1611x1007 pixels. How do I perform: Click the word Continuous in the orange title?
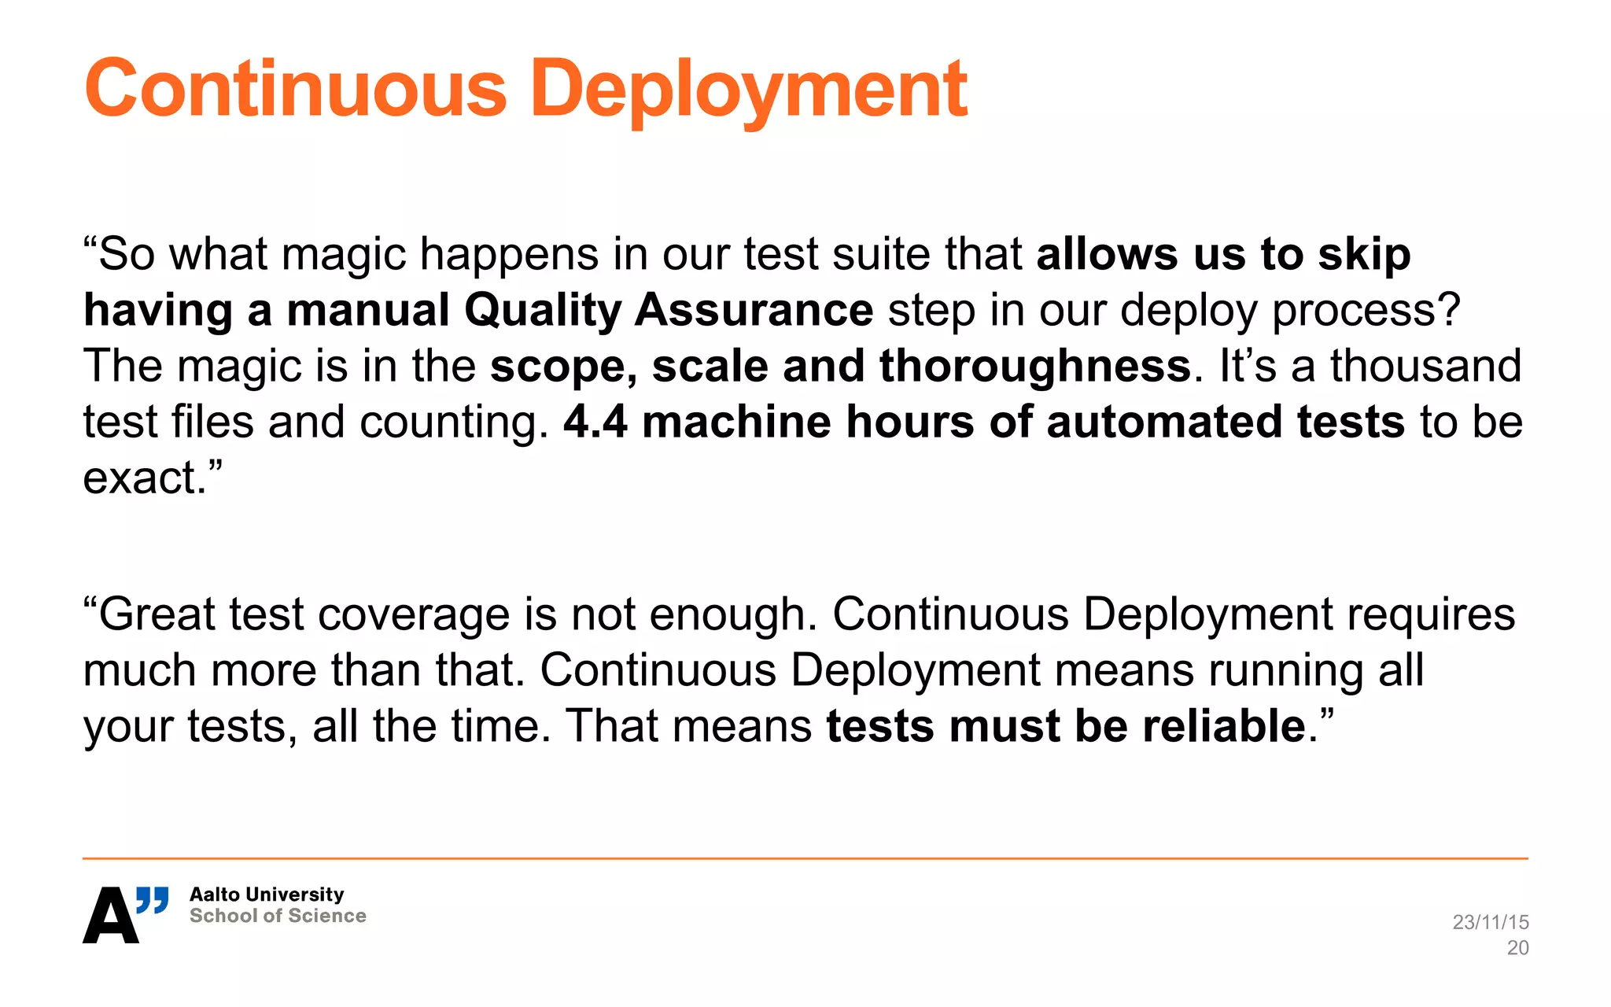point(296,89)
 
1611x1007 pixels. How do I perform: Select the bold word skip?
point(1364,255)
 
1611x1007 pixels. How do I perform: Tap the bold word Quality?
point(543,311)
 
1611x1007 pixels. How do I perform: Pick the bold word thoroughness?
point(1034,367)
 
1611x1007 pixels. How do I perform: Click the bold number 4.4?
point(595,422)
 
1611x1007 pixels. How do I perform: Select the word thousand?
point(1425,366)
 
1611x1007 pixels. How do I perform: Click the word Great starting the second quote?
point(156,614)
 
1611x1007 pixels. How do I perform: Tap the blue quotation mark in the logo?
point(153,900)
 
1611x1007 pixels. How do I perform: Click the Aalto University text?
point(267,894)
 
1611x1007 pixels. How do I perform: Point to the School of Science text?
point(278,916)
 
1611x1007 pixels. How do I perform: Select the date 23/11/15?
point(1490,922)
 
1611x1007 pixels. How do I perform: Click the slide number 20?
point(1517,948)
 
